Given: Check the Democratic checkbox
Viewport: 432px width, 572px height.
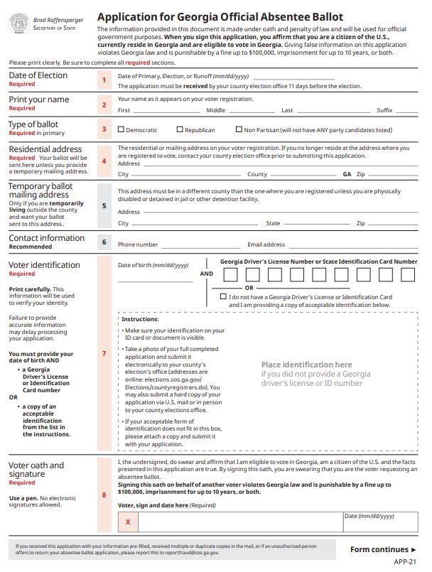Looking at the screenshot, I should coord(121,130).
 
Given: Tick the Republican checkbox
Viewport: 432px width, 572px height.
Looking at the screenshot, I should coord(180,130).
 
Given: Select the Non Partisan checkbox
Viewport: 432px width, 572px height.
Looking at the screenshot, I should coord(238,130).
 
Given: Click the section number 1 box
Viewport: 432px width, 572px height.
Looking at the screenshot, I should coord(104,80).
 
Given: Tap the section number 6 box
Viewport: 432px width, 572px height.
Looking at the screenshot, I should coord(104,242).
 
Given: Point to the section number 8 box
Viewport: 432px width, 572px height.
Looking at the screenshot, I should coord(104,495).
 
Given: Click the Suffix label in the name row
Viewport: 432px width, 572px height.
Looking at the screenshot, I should coord(384,111).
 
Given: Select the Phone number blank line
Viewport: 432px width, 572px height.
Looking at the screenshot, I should coord(198,244).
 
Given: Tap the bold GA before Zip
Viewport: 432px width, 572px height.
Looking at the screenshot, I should coord(347,174).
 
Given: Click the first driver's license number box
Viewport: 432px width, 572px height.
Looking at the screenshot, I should coord(229,275).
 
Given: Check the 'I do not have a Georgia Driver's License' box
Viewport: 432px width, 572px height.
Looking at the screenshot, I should coord(224,297).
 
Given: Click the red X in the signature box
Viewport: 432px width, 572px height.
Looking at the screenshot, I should coord(128,522).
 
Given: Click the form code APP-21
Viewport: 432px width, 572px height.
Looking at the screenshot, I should coord(405,562).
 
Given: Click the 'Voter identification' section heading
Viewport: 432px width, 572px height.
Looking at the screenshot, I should coord(44,265).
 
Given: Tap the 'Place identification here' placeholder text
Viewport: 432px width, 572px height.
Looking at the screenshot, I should coord(307,365).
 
